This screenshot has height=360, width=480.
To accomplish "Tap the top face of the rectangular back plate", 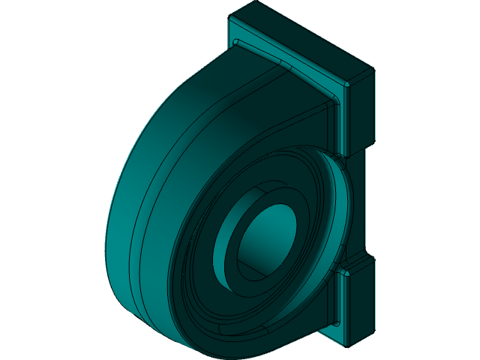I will coord(300,37).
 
